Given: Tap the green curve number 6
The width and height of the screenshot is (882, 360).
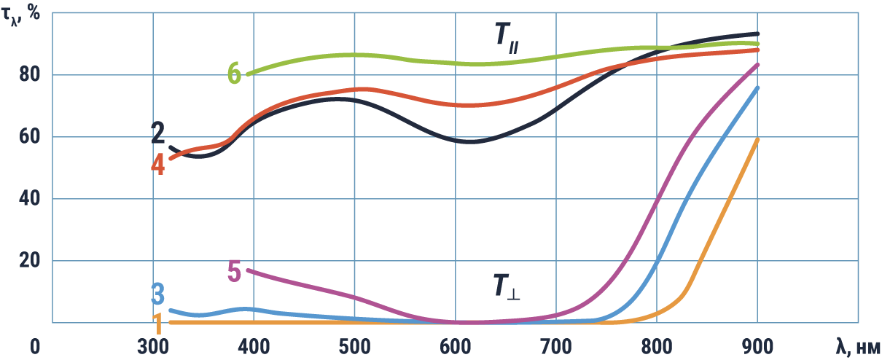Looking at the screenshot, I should coord(234,73).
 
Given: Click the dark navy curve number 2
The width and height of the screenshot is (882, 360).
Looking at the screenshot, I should coord(157,133).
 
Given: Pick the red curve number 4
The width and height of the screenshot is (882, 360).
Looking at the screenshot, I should coord(158,164).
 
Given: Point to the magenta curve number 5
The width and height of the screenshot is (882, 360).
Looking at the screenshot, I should coord(234,271).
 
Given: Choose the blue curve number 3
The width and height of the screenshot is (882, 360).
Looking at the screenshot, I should coord(157,295).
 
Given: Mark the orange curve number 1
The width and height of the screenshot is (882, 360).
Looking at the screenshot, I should coord(157,323).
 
